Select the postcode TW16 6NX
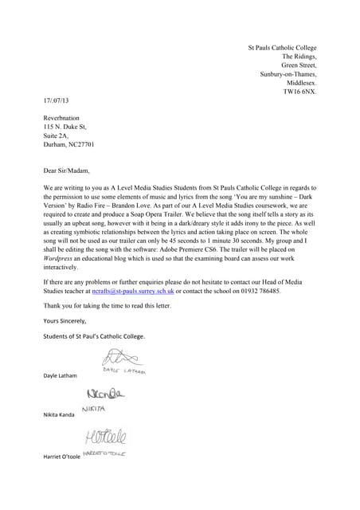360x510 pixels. (299, 92)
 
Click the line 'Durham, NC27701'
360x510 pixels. (69, 144)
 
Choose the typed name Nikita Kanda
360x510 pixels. (63, 415)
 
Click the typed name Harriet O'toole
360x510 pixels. (66, 457)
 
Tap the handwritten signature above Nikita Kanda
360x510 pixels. (104, 398)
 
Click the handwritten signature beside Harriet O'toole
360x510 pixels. (104, 439)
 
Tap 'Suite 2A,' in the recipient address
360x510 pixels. (57, 135)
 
